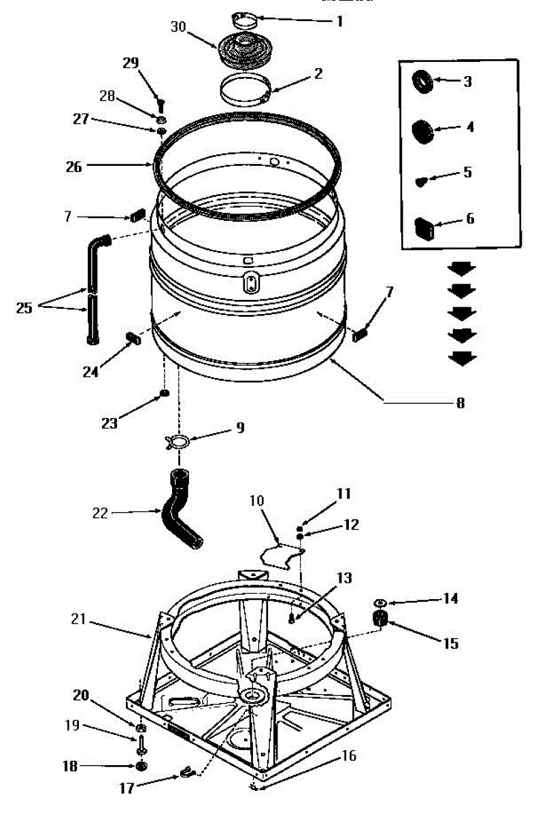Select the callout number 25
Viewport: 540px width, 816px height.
pyautogui.click(x=24, y=308)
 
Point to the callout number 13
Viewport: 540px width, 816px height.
pyautogui.click(x=345, y=578)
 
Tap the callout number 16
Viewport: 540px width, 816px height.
pyautogui.click(x=348, y=755)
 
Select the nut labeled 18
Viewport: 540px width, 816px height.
pyautogui.click(x=142, y=767)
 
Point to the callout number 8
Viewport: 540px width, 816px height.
pyautogui.click(x=460, y=402)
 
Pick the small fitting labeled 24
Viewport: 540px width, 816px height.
pyautogui.click(x=132, y=337)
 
